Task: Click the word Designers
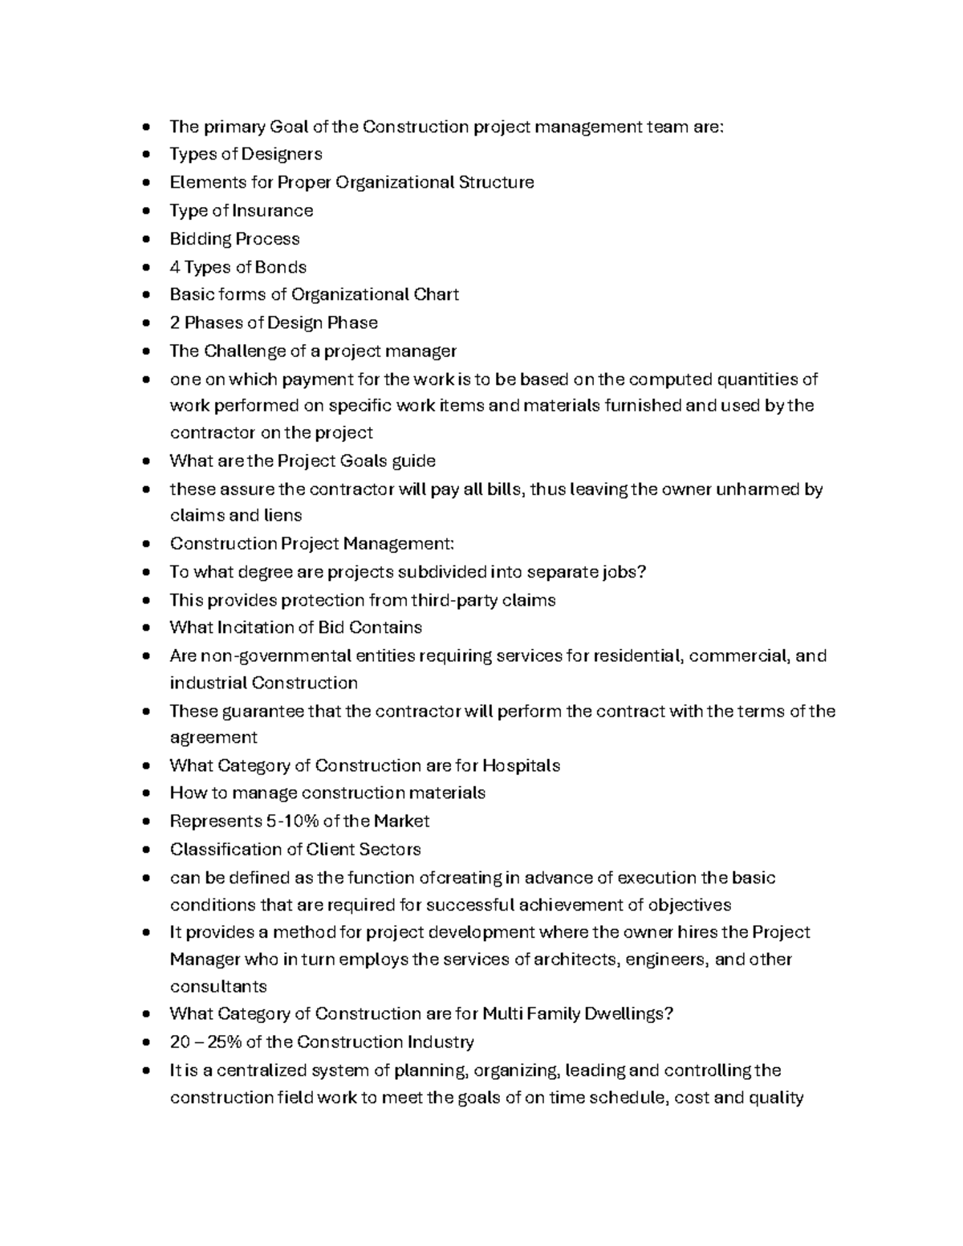coord(282,154)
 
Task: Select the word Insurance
coord(272,211)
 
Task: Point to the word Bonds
coord(281,267)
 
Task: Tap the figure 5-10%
coord(291,822)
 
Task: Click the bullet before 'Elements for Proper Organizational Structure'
coord(145,183)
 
